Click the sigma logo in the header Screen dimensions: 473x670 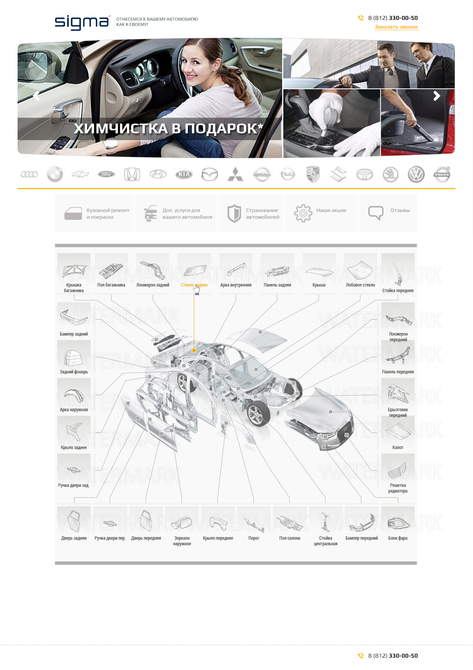coord(83,22)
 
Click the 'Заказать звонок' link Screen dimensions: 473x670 coord(396,27)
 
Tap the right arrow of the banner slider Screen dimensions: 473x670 coord(437,96)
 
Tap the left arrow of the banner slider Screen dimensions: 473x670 coord(36,96)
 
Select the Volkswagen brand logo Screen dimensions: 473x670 coord(416,175)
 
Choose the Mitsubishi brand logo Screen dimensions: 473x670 coord(235,175)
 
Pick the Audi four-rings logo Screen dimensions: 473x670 coord(29,175)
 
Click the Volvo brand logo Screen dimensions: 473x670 coord(442,175)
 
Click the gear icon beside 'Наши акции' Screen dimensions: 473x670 coord(303,213)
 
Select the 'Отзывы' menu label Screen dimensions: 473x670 coord(400,210)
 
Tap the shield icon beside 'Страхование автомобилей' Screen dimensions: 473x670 coord(234,213)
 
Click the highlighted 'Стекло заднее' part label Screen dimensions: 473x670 coord(194,285)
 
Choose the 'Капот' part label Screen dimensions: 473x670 coord(398,448)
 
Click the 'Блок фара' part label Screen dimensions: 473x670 coord(398,538)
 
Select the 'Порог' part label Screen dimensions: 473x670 coord(254,538)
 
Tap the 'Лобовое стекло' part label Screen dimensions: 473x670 coord(360,285)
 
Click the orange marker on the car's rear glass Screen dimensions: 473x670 coord(194,351)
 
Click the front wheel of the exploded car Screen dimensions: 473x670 coord(258,413)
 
